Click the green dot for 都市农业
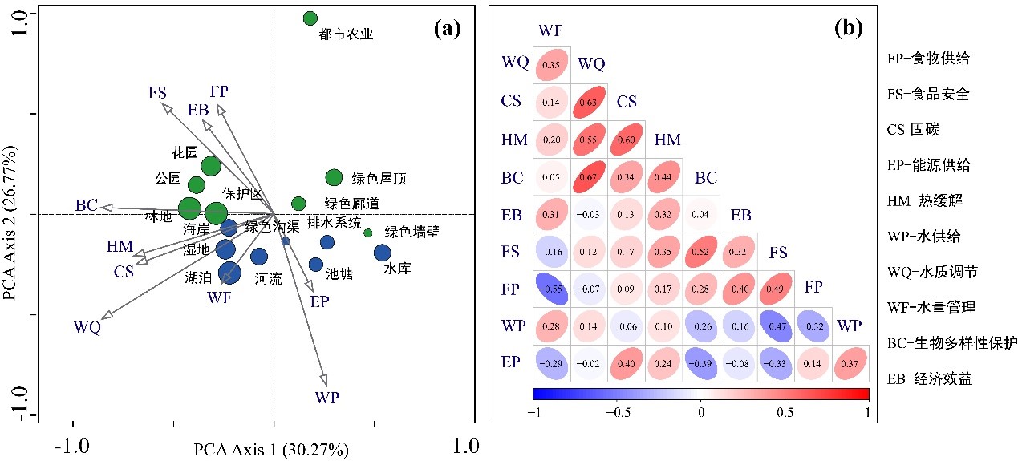pos(310,18)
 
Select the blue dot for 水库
pos(382,253)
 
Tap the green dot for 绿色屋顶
pos(334,177)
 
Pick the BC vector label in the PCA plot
pos(87,206)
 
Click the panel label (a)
pos(446,30)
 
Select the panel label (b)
pos(848,30)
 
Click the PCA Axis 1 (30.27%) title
pos(271,449)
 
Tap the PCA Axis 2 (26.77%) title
pos(10,223)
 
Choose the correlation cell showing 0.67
pos(589,176)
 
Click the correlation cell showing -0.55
pos(550,289)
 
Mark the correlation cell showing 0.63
pos(589,102)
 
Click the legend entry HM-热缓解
pos(930,200)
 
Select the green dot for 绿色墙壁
pos(368,233)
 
